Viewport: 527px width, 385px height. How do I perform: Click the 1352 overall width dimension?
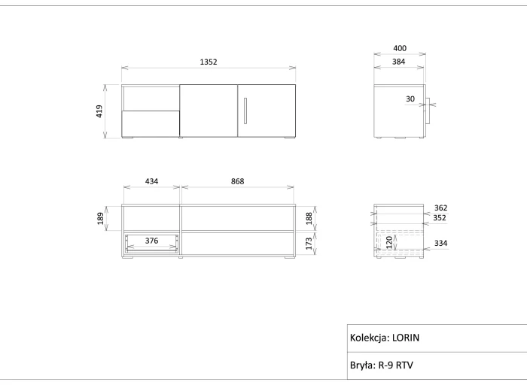click(209, 62)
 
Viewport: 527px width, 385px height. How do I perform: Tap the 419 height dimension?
click(99, 111)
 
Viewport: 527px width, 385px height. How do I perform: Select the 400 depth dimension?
click(400, 48)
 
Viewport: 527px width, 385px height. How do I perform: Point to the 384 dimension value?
click(398, 62)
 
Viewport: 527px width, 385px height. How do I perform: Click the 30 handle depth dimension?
click(410, 99)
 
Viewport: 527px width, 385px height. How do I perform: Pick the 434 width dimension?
click(151, 181)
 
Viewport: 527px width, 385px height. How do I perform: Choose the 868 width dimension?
click(238, 181)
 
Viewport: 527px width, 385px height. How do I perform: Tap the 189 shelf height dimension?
click(100, 219)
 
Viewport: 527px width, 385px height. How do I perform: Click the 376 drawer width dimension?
click(151, 241)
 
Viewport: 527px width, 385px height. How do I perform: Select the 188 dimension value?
click(309, 218)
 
